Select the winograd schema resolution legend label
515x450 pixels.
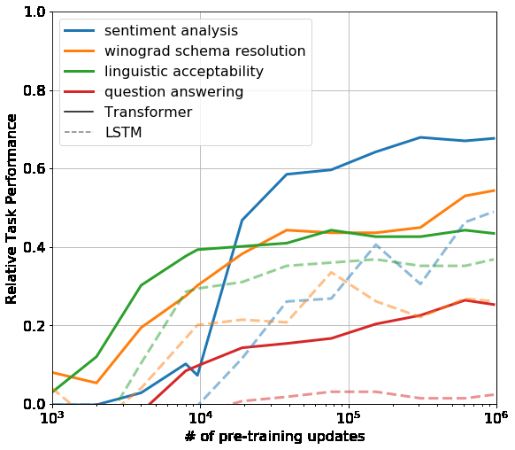tap(204, 51)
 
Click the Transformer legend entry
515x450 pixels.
tap(148, 112)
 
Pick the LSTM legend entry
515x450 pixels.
tap(123, 133)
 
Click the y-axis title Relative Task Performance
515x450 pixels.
tap(12, 208)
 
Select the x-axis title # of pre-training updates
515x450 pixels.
tap(274, 438)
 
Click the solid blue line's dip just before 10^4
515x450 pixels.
tap(197, 375)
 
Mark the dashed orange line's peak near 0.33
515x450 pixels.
tap(331, 272)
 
